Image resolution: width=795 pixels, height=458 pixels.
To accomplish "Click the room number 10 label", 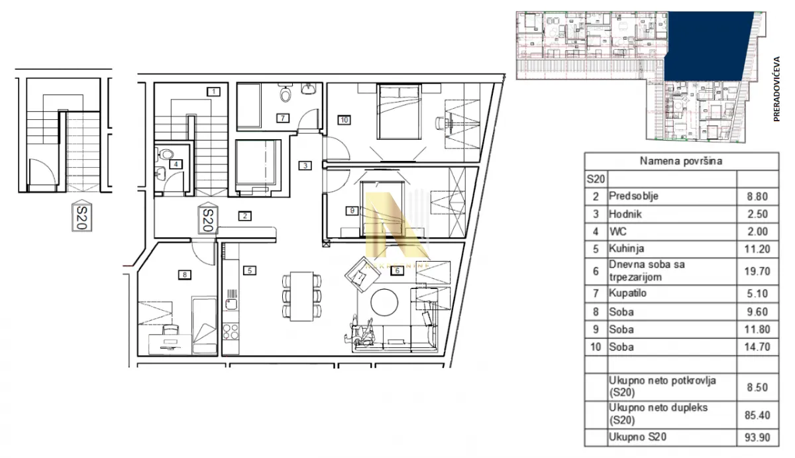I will coord(343,120).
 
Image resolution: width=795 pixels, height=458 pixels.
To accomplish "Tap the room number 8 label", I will coord(185,274).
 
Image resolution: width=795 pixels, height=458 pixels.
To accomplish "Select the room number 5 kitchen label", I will coord(248,270).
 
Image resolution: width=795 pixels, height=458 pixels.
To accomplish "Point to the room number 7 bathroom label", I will coord(282,118).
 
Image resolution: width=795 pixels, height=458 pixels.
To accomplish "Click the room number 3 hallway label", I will coord(304,166).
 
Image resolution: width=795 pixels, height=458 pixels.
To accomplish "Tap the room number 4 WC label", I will coord(176,164).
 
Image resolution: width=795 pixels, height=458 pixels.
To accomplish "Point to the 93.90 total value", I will coord(757,437).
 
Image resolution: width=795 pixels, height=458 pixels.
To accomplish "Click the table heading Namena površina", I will coord(681,161).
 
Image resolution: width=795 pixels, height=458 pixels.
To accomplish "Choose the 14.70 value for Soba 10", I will coord(757,347).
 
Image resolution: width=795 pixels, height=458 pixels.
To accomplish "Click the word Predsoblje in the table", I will coord(634,196).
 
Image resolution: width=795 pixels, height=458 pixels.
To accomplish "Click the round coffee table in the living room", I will coord(385,303).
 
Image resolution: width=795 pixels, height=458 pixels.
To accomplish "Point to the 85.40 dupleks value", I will coord(757,414).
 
